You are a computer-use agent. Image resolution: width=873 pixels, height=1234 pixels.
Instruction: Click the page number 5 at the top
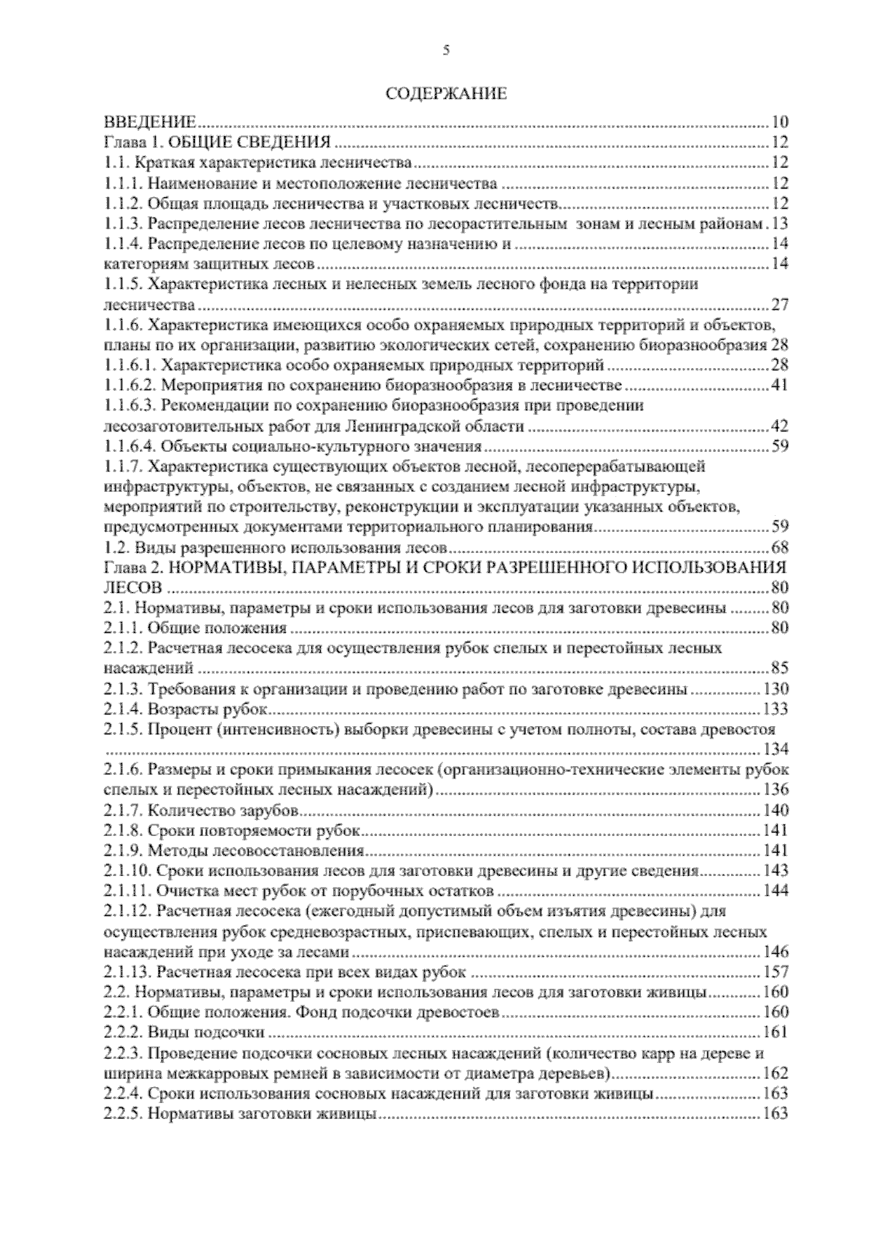446,50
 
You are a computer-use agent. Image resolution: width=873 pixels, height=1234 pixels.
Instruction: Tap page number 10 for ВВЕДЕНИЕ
780,122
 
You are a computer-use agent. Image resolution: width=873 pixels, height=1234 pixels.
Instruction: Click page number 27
780,304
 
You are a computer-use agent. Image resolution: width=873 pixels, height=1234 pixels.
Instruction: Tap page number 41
780,385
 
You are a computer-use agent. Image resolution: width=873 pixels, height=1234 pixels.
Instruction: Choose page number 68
780,547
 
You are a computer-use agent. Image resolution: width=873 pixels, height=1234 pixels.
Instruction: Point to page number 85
780,669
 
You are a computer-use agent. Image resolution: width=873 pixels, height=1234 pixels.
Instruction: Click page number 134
776,749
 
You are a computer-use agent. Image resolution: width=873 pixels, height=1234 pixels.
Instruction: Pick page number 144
776,891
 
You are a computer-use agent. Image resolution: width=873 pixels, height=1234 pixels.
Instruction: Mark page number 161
776,1032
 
